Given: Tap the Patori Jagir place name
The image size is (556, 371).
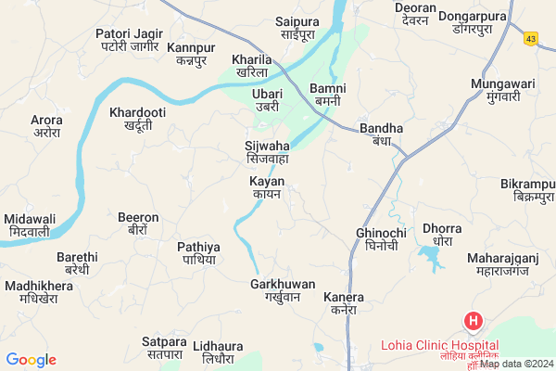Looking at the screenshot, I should (129, 40).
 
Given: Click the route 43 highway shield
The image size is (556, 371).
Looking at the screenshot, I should (530, 39).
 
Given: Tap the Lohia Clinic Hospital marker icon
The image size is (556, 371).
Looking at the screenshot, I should (473, 322).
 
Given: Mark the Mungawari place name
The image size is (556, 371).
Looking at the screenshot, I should (503, 90).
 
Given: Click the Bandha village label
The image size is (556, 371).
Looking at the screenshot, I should (381, 134).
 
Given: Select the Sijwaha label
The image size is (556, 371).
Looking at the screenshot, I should (266, 152).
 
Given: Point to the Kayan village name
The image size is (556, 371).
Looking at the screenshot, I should (267, 187).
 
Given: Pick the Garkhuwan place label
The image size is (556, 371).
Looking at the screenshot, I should (283, 290).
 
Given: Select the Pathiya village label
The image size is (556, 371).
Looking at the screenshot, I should (198, 253).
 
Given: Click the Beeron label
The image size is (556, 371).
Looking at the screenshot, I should (138, 224).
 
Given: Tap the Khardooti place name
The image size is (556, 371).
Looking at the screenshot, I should (136, 119).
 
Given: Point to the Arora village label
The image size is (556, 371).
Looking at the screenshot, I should (46, 126).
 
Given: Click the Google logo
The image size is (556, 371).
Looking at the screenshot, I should (32, 359).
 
